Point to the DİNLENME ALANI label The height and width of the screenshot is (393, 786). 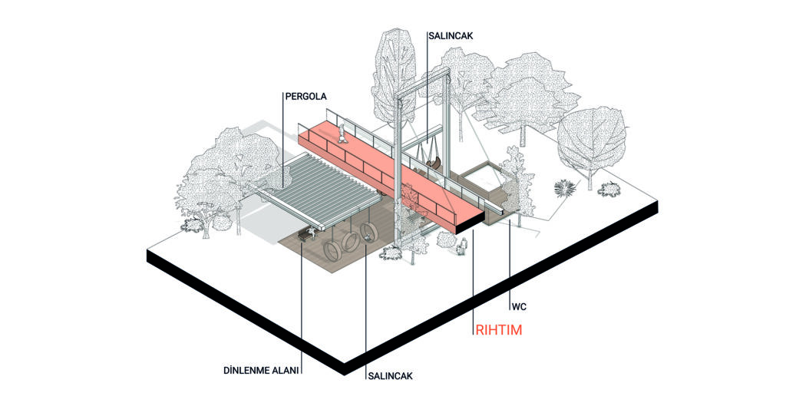[x=261, y=371]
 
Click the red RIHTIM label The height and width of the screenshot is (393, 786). [x=498, y=330]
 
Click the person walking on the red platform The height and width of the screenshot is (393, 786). [x=342, y=134]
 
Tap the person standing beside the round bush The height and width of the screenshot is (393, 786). [x=464, y=246]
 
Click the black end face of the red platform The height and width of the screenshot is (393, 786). [x=472, y=223]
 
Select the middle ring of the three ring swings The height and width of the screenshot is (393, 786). [x=348, y=245]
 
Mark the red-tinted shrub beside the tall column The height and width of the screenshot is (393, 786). [x=408, y=194]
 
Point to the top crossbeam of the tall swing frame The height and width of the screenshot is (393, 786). [x=422, y=84]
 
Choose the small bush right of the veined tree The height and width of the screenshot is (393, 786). [x=609, y=189]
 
